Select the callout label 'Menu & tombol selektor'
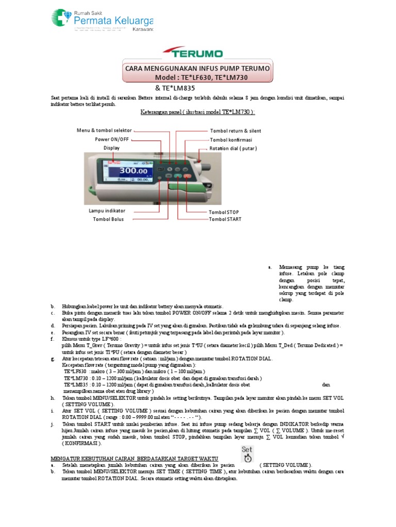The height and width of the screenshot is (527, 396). pos(104,130)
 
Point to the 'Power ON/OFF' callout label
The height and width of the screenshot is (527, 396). pos(112,139)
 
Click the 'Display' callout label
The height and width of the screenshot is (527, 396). pos(111,148)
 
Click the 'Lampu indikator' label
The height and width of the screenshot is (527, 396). pos(107,210)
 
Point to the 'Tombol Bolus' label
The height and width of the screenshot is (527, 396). pos(109,219)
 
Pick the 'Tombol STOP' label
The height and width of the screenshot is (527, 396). pos(223,212)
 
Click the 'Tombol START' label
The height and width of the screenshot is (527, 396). pos(225,219)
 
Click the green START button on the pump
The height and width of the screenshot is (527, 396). pos(178,176)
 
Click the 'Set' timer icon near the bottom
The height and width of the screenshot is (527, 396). pos(247,454)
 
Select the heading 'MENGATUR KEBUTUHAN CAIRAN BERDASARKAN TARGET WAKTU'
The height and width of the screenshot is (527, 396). pos(134,459)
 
